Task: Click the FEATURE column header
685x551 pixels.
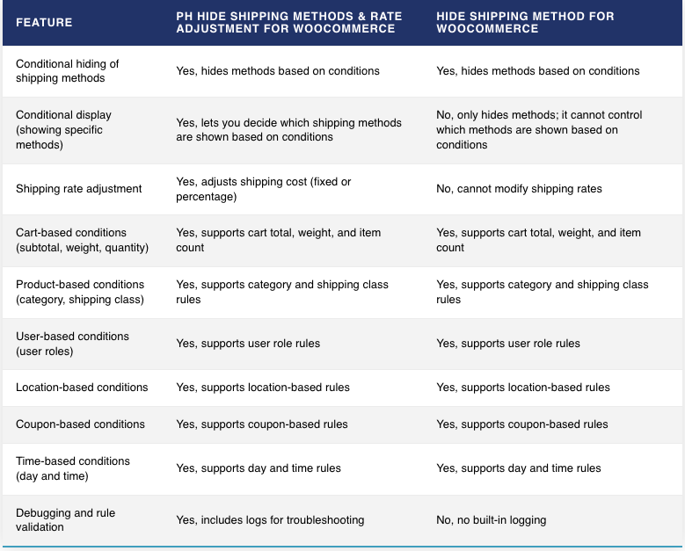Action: coord(44,22)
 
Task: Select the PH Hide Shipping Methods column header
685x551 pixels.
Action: coord(288,22)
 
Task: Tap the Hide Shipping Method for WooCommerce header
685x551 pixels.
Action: coord(525,22)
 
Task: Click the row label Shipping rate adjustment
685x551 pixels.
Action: coord(78,189)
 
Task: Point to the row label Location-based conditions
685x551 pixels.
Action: coord(82,388)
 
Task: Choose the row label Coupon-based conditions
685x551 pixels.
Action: coord(80,424)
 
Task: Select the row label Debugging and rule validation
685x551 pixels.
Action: coord(66,519)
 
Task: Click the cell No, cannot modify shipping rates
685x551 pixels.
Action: coord(519,189)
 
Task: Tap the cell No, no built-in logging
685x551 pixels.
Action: coord(491,520)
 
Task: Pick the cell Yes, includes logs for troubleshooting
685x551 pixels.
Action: coord(270,520)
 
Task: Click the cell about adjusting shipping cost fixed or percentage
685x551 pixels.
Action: coord(264,189)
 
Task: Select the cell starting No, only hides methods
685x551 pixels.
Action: coord(539,130)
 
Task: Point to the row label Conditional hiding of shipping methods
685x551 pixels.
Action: coord(68,70)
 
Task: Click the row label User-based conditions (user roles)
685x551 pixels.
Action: coord(72,344)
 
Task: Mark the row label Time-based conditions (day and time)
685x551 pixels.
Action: coord(73,468)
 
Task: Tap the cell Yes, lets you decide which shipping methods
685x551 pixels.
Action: coord(288,130)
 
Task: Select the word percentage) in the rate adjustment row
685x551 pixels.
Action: coord(206,197)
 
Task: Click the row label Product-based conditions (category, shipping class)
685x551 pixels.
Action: coord(80,292)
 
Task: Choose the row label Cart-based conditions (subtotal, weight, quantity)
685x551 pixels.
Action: coord(82,240)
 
